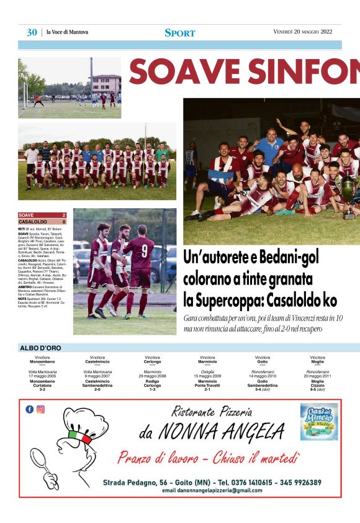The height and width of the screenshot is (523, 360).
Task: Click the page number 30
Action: coord(32,32)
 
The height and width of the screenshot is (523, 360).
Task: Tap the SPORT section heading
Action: coord(180,33)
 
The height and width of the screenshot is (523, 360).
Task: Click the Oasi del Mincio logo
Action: coord(319,422)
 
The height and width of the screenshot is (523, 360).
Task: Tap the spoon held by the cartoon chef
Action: coord(43,462)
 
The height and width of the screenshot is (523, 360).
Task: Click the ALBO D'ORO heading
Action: coord(40,348)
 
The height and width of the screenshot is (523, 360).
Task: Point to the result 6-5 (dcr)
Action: coord(317,389)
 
